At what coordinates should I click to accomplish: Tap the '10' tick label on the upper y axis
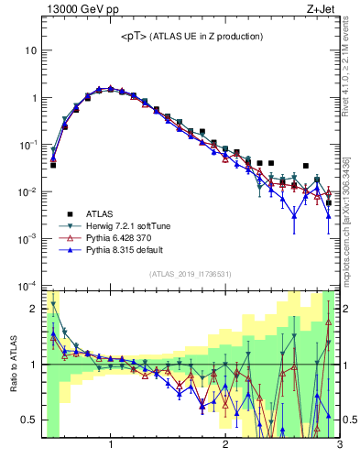(31, 50)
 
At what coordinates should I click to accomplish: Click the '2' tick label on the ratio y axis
(35, 309)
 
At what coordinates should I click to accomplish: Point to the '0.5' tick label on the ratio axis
(30, 420)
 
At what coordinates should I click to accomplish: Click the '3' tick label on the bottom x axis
(339, 446)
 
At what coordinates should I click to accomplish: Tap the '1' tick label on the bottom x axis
(111, 446)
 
